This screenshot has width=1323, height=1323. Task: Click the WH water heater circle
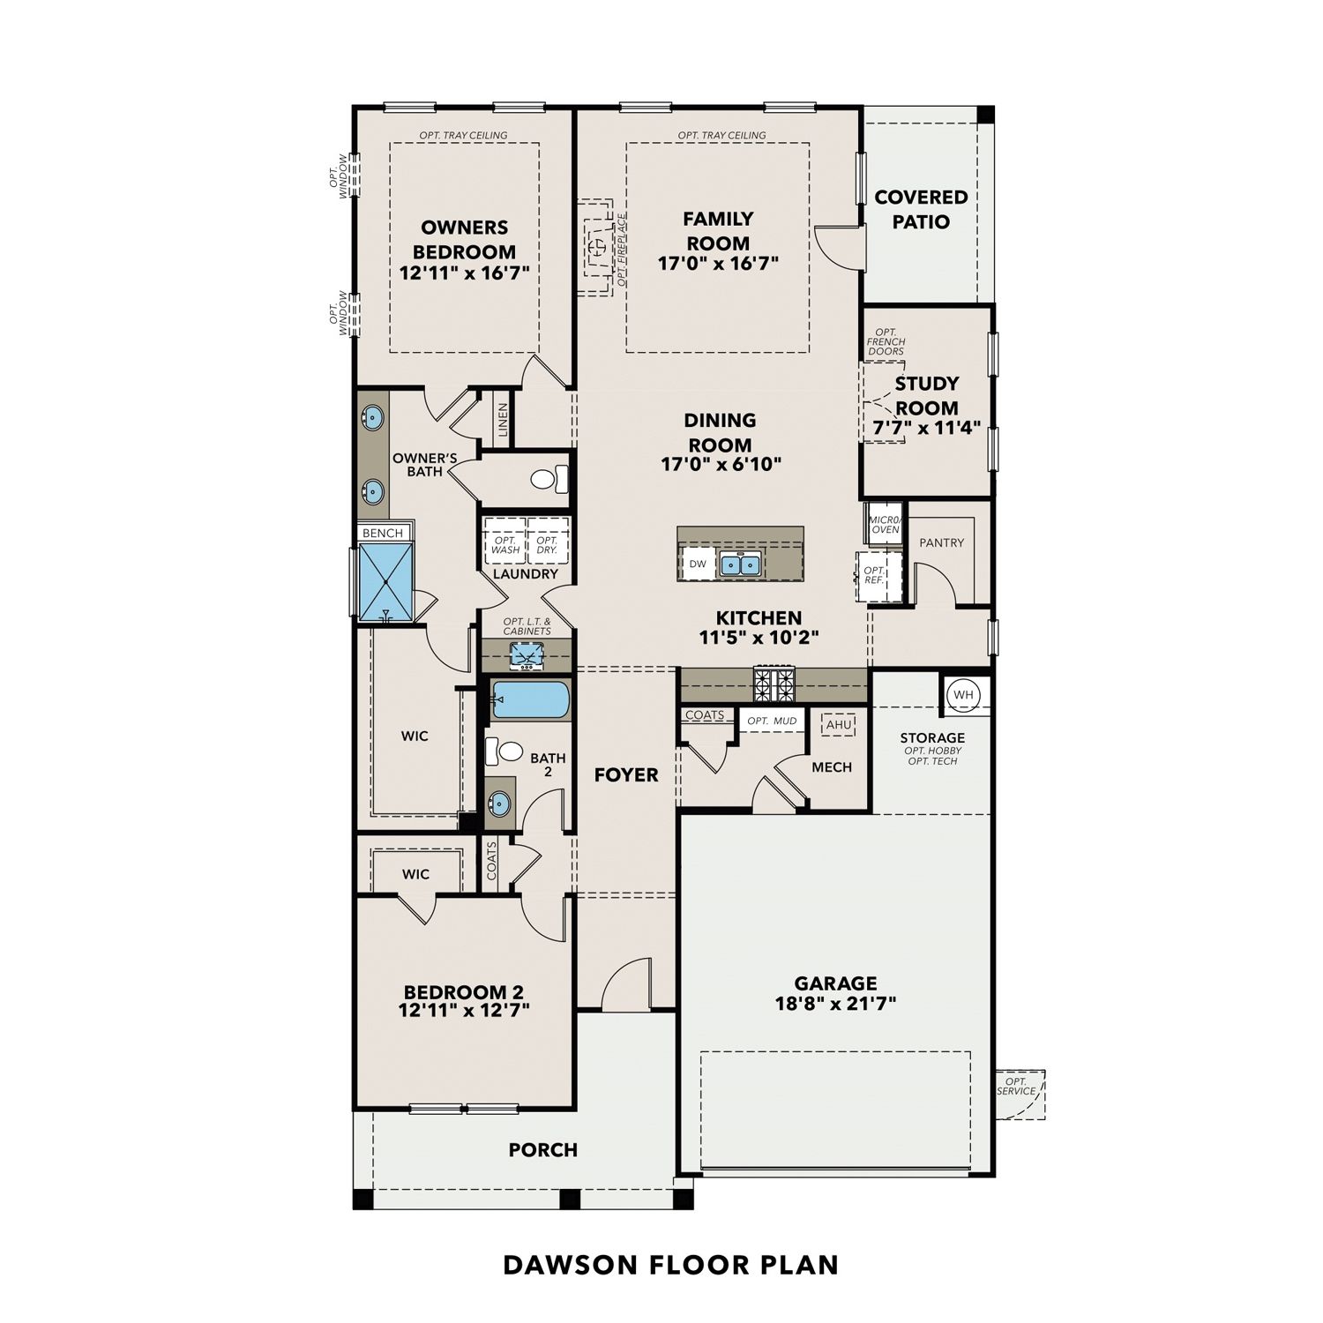point(964,695)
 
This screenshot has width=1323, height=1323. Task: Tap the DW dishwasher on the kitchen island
point(698,564)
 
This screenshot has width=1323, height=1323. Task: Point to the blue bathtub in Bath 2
point(529,699)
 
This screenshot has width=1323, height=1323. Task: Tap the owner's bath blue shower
point(386,583)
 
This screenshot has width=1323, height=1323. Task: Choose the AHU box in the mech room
point(838,725)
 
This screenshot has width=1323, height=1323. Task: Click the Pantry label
point(941,542)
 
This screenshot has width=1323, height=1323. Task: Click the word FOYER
point(626,774)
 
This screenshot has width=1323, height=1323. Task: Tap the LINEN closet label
point(503,420)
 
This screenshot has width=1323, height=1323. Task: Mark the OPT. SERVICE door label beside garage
point(1016,1086)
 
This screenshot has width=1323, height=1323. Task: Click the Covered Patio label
point(921,209)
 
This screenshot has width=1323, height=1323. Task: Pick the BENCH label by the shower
point(383,533)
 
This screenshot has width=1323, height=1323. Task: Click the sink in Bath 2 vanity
point(499,804)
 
